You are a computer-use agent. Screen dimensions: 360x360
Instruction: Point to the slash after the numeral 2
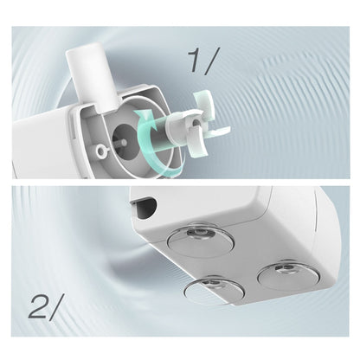[56, 307]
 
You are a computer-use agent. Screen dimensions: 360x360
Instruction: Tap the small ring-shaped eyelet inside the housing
[101, 150]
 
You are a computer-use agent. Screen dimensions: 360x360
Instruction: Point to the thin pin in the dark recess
[119, 143]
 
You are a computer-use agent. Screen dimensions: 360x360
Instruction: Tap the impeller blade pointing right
[218, 132]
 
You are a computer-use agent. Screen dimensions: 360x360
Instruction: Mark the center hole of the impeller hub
[196, 122]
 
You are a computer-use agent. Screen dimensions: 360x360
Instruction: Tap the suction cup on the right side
[288, 274]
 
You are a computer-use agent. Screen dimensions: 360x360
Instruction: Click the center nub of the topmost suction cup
[199, 234]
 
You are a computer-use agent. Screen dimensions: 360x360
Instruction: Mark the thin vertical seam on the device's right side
[317, 209]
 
